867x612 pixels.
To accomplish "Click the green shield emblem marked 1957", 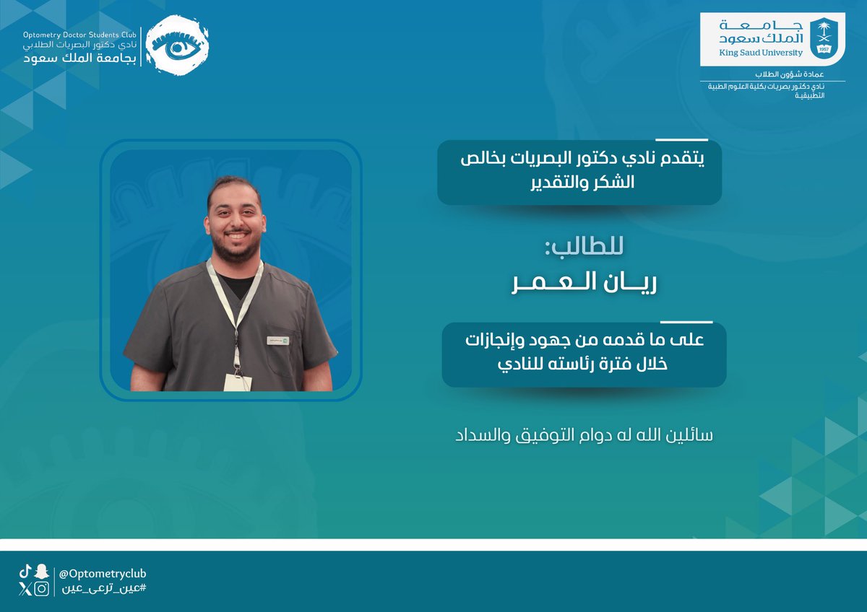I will point(823,35).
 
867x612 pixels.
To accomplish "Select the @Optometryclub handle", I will point(103,573).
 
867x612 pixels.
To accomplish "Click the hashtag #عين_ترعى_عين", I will point(102,589).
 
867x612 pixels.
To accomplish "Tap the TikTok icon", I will point(25,572).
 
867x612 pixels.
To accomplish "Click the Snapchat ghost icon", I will point(42,572).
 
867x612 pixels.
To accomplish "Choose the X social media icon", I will point(25,589).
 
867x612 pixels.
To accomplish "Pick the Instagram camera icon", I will point(42,589).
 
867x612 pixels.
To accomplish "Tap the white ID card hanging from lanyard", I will point(236,381).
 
